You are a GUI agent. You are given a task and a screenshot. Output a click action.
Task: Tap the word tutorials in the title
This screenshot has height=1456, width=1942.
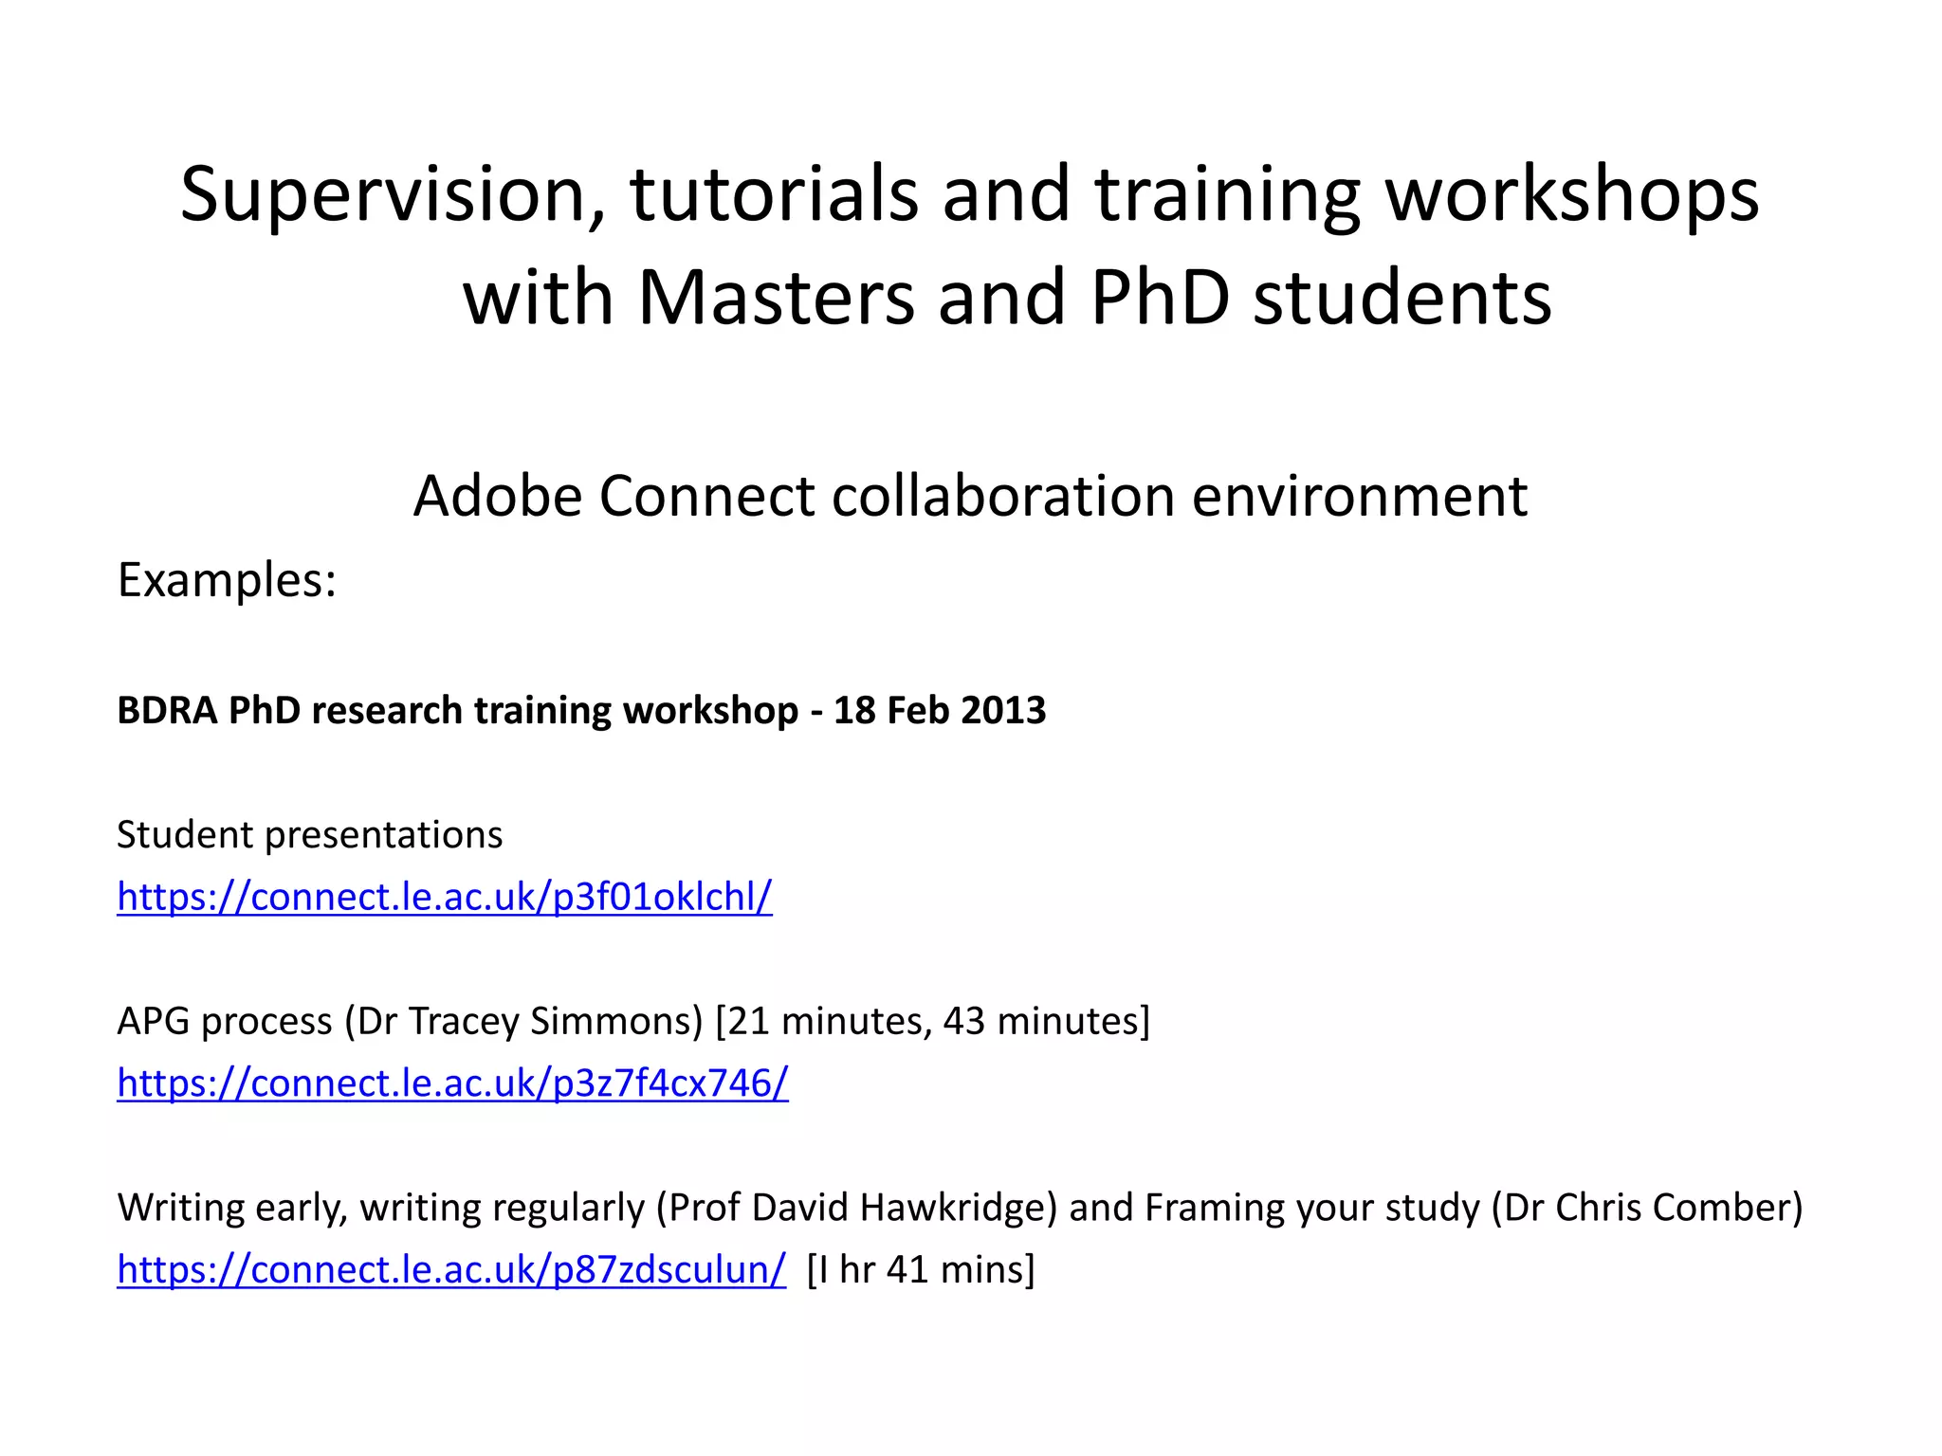point(774,194)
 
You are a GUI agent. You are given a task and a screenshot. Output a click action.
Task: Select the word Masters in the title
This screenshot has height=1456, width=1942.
point(777,298)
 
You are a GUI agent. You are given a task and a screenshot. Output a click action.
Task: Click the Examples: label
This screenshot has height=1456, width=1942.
point(227,579)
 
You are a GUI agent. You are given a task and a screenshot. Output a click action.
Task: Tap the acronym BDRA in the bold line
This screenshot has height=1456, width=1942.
point(167,710)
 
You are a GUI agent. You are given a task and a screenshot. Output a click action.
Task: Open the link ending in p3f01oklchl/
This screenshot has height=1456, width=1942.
point(445,897)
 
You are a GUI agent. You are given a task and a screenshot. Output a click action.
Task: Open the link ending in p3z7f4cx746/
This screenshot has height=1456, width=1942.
point(452,1083)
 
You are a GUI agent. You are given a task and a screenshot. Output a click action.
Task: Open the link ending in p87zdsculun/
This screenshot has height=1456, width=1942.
point(451,1269)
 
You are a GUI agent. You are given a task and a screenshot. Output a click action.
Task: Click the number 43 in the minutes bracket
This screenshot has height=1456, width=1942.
point(964,1021)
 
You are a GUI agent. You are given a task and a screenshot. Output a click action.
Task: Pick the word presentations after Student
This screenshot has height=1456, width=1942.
point(384,835)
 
